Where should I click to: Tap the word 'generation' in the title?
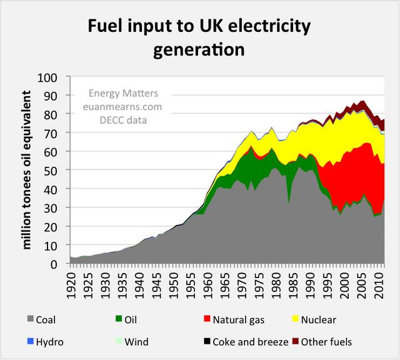click(x=199, y=50)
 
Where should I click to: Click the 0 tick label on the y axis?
click(x=59, y=264)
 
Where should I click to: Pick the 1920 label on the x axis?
click(x=72, y=282)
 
